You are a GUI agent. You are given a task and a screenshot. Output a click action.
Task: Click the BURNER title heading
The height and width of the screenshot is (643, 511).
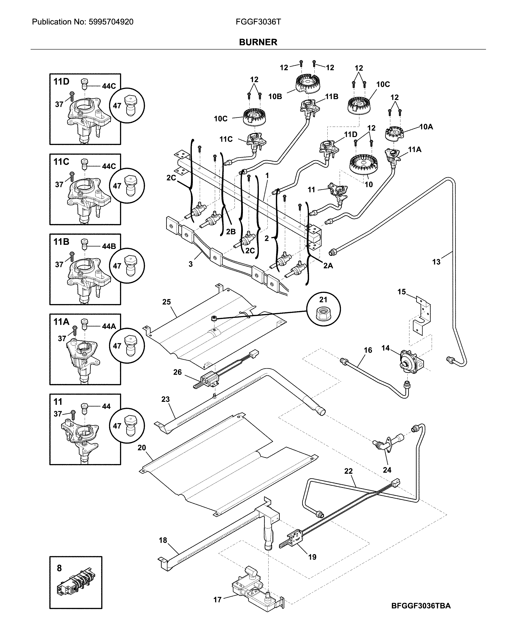258,42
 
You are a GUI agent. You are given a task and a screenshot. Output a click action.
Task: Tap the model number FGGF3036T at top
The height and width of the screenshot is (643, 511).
258,22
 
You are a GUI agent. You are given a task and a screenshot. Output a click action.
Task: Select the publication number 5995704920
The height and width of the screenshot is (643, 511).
111,22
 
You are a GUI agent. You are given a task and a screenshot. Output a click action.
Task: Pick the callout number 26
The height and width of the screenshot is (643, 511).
177,372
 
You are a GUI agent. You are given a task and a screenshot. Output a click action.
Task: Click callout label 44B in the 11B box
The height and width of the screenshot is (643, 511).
109,246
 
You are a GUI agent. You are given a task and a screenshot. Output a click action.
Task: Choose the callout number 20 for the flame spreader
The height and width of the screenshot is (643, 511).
142,448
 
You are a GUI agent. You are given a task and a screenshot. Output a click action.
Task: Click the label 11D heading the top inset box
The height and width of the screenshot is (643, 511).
61,81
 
